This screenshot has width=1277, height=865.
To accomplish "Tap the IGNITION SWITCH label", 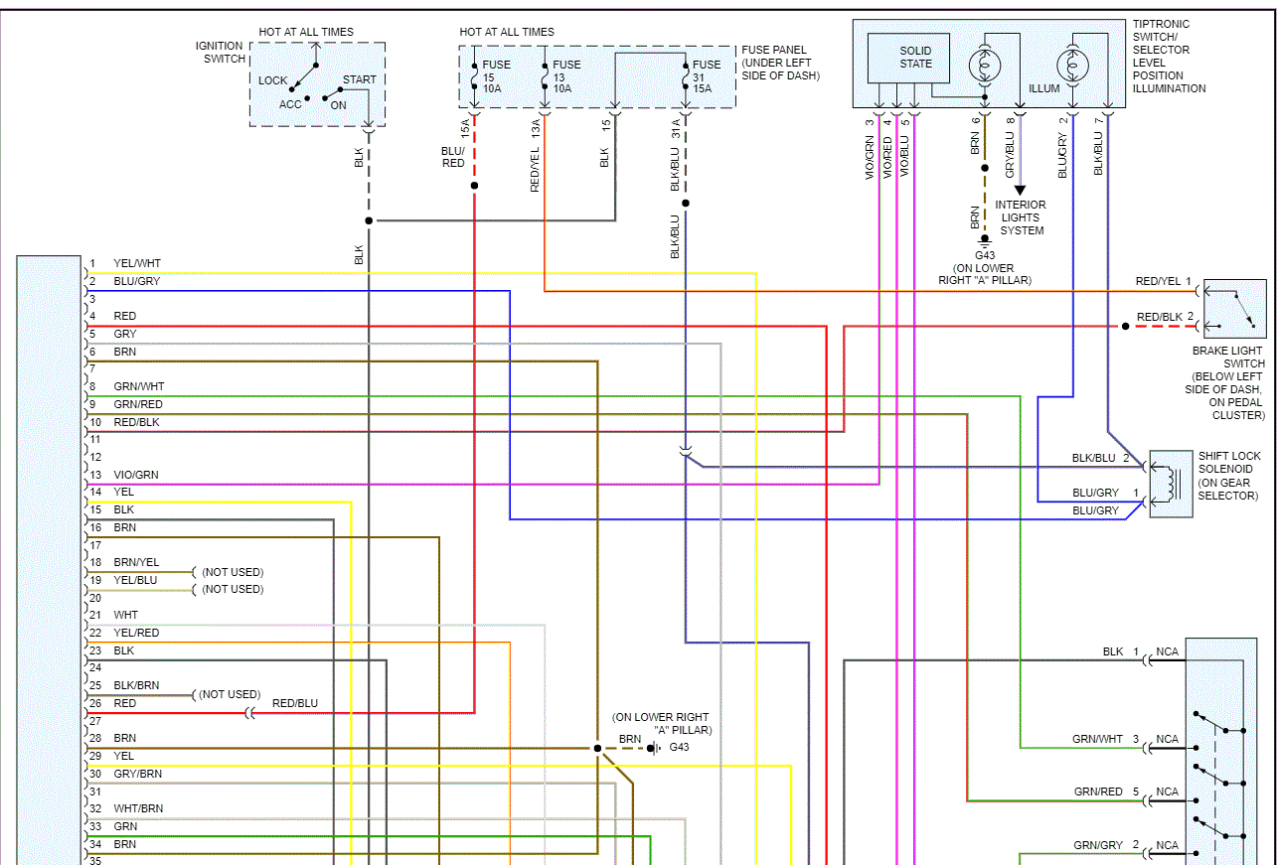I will (x=220, y=52).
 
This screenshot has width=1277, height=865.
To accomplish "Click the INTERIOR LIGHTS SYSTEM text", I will (x=1021, y=217).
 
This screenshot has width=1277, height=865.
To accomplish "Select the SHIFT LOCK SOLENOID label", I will (x=1228, y=476).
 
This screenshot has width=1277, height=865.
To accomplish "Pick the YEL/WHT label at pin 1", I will (x=137, y=264).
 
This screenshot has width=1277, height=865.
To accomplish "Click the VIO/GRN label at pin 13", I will (x=137, y=475).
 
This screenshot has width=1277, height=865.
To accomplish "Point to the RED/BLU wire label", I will (x=295, y=703).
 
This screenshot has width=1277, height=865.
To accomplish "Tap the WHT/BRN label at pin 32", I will (x=138, y=808).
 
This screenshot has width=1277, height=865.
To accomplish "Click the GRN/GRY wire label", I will (x=1098, y=845).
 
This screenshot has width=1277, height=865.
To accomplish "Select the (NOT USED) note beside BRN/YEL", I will (x=233, y=572).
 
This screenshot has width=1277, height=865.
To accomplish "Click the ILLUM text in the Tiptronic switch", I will (x=1044, y=88).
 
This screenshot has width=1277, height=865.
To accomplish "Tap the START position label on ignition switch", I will (x=359, y=79).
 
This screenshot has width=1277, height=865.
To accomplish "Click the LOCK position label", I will (x=272, y=80).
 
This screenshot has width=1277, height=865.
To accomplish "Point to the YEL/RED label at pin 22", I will (x=136, y=633).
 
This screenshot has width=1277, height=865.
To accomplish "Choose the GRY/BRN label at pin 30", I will (x=138, y=774).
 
